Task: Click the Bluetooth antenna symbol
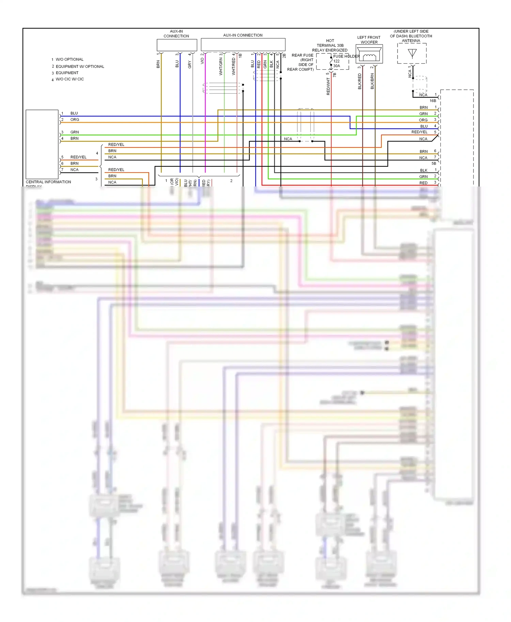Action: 412,53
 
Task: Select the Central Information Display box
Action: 42,144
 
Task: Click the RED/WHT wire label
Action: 328,86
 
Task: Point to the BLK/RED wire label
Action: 359,82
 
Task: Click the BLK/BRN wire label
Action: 372,82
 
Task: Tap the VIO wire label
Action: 202,61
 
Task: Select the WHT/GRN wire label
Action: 221,67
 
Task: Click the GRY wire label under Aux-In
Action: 190,64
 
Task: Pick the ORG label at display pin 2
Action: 75,120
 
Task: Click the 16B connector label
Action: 433,101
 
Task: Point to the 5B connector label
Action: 434,163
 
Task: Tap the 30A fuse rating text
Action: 337,66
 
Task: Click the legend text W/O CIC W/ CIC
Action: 70,79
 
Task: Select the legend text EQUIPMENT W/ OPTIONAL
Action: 80,67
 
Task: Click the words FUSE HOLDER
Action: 346,56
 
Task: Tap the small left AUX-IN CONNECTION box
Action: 177,45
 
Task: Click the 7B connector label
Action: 335,75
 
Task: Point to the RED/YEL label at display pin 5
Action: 78,157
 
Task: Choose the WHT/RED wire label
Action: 233,66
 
